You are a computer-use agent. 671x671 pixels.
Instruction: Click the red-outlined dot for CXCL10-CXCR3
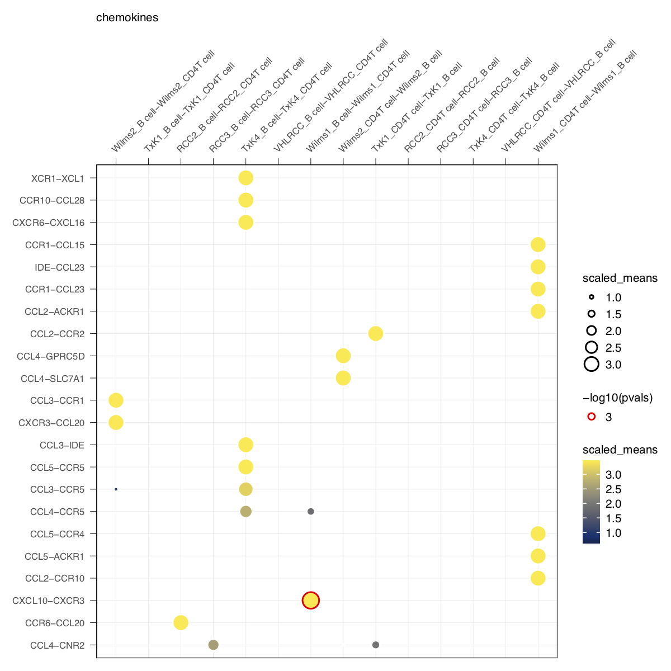[311, 601]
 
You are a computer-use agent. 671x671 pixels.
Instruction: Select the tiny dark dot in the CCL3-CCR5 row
[116, 489]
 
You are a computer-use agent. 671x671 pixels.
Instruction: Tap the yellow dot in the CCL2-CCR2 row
[376, 334]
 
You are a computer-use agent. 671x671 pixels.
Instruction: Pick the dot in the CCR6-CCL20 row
[181, 622]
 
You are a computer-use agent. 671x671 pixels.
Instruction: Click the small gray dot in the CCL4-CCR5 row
[311, 512]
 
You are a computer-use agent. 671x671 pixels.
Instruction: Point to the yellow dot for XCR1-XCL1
[245, 178]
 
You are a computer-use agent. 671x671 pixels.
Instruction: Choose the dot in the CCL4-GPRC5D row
[343, 356]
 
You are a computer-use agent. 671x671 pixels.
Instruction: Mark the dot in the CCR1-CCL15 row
[538, 244]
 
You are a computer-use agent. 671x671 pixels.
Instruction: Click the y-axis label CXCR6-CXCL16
[49, 223]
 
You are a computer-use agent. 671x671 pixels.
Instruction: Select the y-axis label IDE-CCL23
[59, 267]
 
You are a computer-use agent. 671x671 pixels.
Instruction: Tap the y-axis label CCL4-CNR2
[57, 645]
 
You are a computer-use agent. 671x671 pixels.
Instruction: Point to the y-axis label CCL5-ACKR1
[54, 556]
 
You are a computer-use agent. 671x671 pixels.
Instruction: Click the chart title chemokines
[127, 18]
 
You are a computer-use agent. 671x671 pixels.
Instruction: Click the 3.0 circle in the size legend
[592, 365]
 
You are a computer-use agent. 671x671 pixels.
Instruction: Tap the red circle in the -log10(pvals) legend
[592, 417]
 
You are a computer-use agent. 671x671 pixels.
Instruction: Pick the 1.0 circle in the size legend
[592, 297]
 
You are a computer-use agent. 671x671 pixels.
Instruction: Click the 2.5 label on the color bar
[613, 489]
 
